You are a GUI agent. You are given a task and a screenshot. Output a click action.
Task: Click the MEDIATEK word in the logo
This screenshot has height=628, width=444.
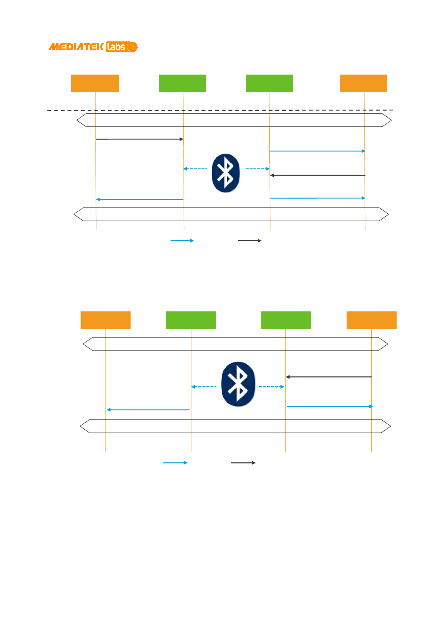click(x=76, y=47)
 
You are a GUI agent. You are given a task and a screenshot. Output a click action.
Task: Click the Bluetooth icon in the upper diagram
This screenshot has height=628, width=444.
click(x=226, y=173)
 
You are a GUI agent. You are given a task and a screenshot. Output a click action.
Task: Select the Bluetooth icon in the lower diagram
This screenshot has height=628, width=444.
click(x=238, y=384)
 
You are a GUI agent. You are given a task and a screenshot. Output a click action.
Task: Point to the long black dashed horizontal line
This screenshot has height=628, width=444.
click(x=220, y=110)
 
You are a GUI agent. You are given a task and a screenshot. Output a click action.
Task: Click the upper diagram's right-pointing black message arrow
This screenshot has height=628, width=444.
click(x=140, y=139)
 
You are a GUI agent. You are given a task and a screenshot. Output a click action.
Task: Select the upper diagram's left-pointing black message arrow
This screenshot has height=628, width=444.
click(x=318, y=175)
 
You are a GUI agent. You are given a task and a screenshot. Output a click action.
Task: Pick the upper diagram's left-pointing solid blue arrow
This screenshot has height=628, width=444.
click(x=140, y=200)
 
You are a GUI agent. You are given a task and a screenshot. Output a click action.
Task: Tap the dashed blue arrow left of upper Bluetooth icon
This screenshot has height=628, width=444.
click(x=195, y=169)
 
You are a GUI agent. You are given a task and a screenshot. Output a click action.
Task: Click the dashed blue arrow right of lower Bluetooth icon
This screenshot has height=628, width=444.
click(x=272, y=387)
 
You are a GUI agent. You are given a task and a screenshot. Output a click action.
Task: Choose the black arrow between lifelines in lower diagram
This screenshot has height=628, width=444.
click(x=329, y=377)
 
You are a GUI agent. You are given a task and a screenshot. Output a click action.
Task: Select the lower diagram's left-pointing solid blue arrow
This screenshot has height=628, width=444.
click(x=148, y=410)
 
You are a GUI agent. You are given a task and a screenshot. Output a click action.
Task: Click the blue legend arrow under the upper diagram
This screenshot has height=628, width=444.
click(x=182, y=241)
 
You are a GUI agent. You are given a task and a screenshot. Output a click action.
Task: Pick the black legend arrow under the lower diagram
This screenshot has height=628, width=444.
click(x=243, y=463)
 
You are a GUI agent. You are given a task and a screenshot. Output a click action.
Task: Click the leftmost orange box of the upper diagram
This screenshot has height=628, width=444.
click(x=95, y=83)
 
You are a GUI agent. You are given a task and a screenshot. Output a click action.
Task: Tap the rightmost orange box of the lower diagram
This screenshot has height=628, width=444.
click(x=371, y=320)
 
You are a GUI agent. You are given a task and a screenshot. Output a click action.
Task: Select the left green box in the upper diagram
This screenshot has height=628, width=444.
click(x=182, y=83)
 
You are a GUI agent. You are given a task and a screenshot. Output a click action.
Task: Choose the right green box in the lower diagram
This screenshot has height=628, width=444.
click(x=285, y=320)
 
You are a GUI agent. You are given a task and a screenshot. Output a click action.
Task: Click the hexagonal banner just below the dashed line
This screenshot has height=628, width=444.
click(x=234, y=120)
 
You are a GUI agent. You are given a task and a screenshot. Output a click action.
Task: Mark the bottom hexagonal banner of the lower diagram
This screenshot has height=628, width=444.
click(x=235, y=426)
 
